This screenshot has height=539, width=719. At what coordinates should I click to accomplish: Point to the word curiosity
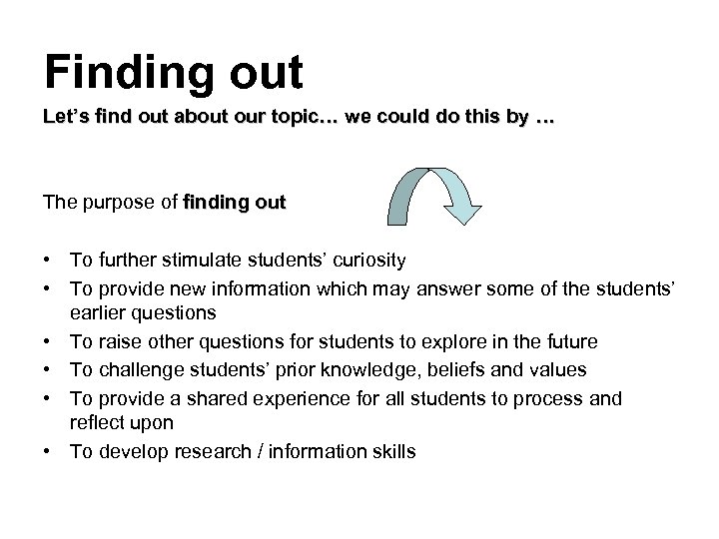(x=363, y=262)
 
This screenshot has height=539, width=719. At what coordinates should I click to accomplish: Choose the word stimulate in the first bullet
(x=198, y=262)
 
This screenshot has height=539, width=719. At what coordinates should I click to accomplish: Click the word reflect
(x=95, y=422)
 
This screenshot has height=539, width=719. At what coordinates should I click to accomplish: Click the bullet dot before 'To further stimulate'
(x=49, y=262)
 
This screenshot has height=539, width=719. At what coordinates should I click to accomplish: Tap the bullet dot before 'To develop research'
(x=49, y=451)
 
